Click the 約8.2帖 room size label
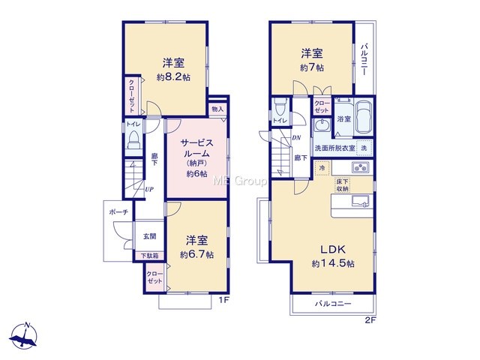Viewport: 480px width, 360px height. pos(173,77)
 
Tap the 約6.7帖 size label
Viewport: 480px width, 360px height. pos(196,254)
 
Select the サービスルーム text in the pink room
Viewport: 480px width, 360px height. pos(196,148)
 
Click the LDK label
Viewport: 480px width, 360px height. pos(333,250)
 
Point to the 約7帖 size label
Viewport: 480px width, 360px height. pos(312,67)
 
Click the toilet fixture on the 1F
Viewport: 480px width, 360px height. pos(133,139)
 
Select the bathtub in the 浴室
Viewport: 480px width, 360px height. pos(363,117)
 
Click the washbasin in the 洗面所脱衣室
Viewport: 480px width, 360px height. pos(322,125)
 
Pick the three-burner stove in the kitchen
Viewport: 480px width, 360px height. pos(361,167)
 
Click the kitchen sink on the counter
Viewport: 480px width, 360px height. pos(360,202)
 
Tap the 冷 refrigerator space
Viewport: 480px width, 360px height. pos(322,168)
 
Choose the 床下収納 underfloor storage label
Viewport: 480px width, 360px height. pos(342,185)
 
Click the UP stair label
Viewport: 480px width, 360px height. pos(149,190)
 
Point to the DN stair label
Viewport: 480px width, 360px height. pos(296,138)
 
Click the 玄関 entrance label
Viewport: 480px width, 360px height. pos(150,236)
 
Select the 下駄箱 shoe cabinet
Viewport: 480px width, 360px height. pos(150,256)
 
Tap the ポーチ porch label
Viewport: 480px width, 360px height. pos(118,211)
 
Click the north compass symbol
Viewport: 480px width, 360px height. pos(24,336)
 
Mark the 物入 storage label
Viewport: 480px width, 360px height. pos(217,109)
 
